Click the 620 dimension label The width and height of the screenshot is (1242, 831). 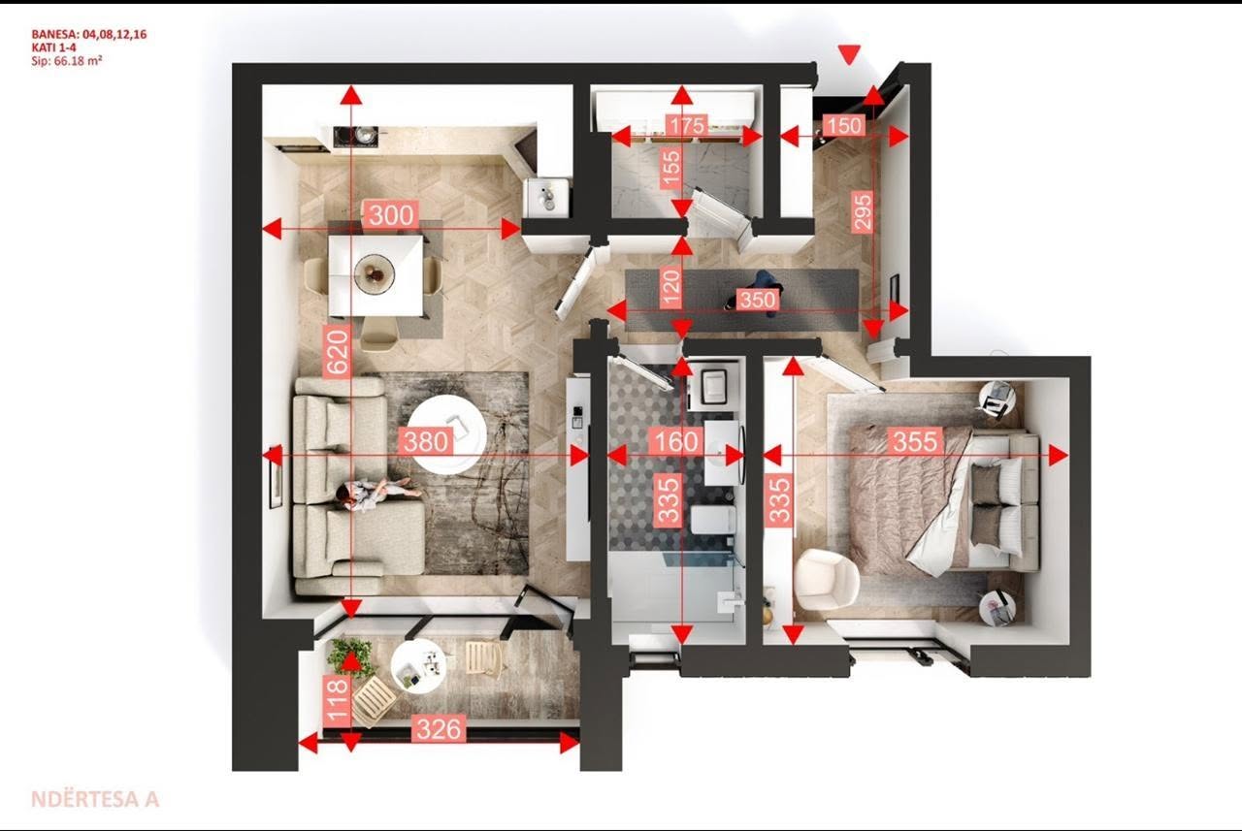pyautogui.click(x=338, y=351)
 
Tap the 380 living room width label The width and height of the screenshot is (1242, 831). pyautogui.click(x=426, y=442)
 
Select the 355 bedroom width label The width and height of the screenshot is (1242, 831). pyautogui.click(x=915, y=441)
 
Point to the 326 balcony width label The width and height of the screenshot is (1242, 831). pyautogui.click(x=439, y=729)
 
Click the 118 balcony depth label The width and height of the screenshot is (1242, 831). pyautogui.click(x=338, y=700)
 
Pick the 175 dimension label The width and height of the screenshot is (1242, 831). pyautogui.click(x=688, y=125)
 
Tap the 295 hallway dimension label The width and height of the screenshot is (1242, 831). pyautogui.click(x=863, y=211)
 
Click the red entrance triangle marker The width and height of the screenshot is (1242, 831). pyautogui.click(x=849, y=54)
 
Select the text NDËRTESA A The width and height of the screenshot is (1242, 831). pyautogui.click(x=95, y=799)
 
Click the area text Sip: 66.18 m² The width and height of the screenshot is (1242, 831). pyautogui.click(x=67, y=61)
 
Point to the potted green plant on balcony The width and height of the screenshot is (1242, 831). pyautogui.click(x=349, y=656)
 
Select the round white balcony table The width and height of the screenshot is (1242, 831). pyautogui.click(x=418, y=664)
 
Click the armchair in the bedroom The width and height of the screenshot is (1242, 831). pyautogui.click(x=826, y=579)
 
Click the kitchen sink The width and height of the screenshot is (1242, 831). pyautogui.click(x=546, y=198)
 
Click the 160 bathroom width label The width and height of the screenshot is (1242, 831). pyautogui.click(x=676, y=441)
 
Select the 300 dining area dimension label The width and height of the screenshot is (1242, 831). pyautogui.click(x=391, y=215)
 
